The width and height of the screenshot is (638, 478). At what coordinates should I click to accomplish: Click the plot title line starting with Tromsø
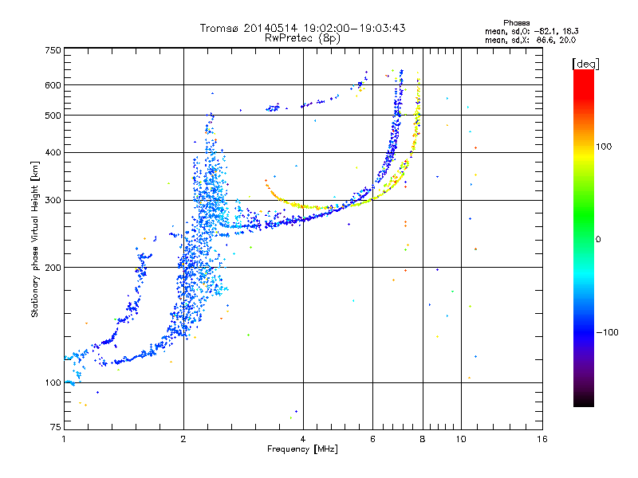point(302,28)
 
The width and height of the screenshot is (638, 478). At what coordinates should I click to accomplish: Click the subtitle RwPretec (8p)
point(302,38)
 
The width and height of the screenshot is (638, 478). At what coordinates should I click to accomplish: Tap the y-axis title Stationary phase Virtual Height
point(35,239)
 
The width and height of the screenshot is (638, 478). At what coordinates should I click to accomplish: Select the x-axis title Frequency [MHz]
point(302,449)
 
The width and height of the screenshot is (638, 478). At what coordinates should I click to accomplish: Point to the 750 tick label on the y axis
point(53,50)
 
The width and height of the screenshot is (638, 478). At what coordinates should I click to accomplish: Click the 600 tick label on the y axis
point(53,85)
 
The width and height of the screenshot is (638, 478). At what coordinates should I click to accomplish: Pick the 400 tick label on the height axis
point(53,152)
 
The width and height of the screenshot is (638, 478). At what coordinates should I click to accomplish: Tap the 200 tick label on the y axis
point(53,268)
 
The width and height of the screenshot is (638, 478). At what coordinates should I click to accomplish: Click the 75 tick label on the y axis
point(56,427)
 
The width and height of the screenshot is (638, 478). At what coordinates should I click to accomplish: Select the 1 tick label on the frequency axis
point(64,439)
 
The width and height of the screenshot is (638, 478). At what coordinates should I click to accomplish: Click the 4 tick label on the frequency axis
point(303,439)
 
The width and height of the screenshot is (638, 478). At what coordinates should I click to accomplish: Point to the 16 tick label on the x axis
point(542,439)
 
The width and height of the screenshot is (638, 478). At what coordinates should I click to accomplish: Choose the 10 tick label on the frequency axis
point(461,439)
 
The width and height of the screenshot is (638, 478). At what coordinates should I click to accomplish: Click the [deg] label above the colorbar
point(585,64)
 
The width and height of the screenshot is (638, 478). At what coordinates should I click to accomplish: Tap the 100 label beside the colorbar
point(604,147)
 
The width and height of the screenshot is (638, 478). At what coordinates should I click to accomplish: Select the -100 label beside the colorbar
point(607,332)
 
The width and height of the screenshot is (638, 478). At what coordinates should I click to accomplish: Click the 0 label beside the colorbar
point(598,240)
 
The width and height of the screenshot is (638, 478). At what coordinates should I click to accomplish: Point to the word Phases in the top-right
point(516,23)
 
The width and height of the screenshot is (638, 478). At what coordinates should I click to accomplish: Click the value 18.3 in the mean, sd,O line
point(570,31)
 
